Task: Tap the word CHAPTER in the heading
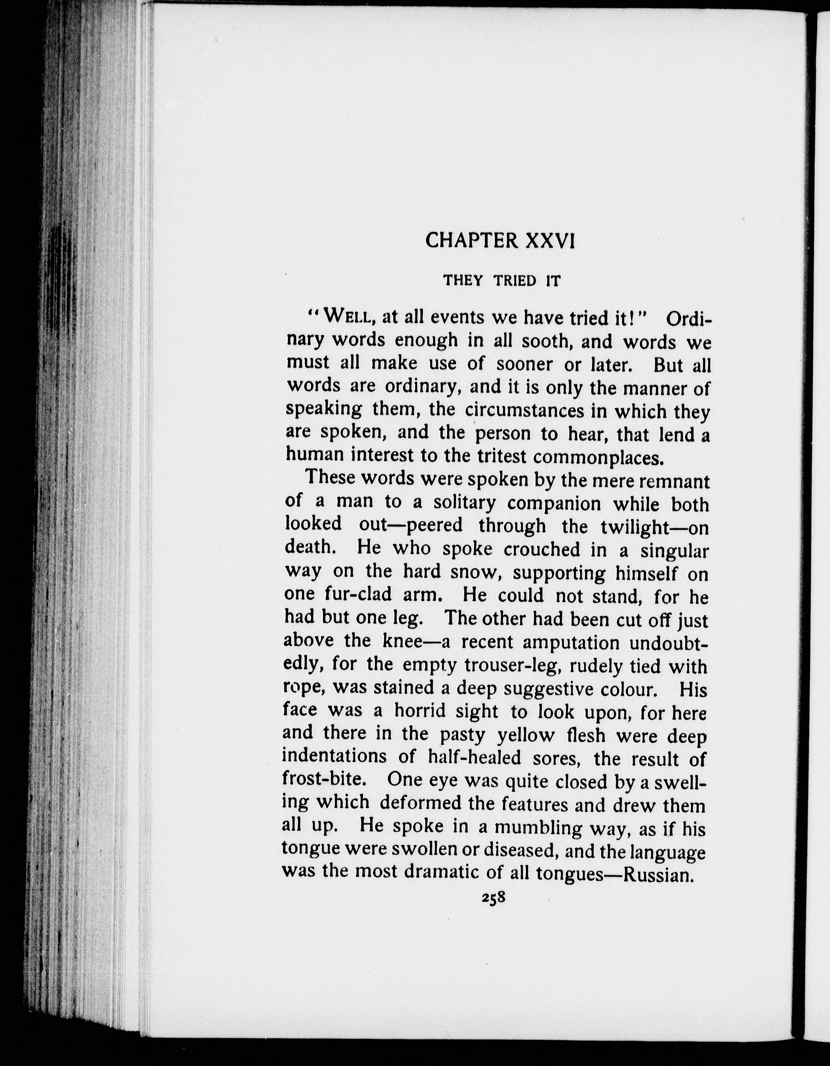[471, 241]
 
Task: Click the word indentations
[334, 756]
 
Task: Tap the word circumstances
[525, 411]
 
